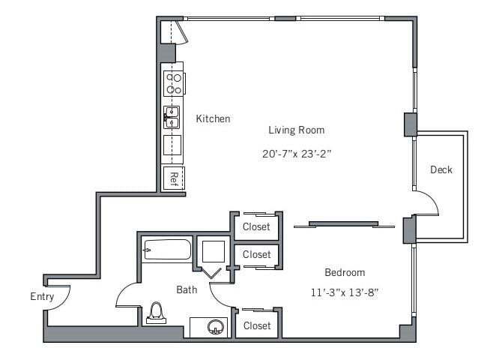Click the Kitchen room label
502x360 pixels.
(x=213, y=118)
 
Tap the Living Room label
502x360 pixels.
(x=296, y=130)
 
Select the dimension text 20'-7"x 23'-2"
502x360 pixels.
(x=296, y=154)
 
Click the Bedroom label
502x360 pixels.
(x=344, y=271)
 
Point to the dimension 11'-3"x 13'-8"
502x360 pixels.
(x=344, y=292)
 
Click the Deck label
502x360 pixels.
(x=441, y=169)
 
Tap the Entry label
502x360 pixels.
(x=42, y=296)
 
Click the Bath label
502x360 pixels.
(x=187, y=289)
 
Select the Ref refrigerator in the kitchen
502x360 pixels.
(x=173, y=178)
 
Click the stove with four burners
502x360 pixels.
(x=174, y=83)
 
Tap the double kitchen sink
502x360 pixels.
(x=173, y=117)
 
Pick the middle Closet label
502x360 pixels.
(x=257, y=255)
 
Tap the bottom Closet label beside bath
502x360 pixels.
(x=257, y=325)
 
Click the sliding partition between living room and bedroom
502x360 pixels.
(x=344, y=223)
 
